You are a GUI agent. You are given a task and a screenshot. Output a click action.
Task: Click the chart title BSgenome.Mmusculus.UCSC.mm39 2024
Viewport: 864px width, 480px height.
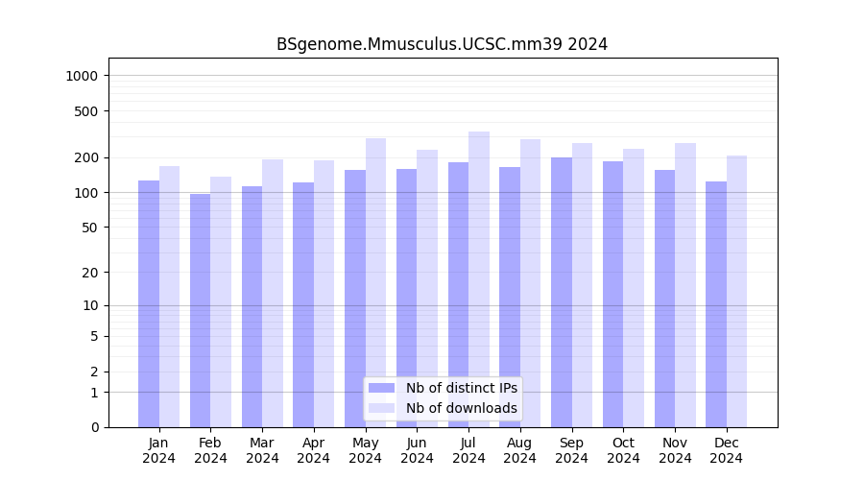pyautogui.click(x=442, y=44)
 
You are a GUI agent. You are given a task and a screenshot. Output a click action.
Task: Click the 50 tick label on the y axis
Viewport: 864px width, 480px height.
pyautogui.click(x=89, y=228)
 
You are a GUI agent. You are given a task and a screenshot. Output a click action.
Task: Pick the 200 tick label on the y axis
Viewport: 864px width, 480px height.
pyautogui.click(x=86, y=157)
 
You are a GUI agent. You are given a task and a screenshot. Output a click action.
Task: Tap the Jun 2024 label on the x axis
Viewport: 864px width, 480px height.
pyautogui.click(x=417, y=450)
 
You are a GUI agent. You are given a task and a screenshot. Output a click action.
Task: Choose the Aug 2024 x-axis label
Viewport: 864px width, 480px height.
pyautogui.click(x=520, y=450)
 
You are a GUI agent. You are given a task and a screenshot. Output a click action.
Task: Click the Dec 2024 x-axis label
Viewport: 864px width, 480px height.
pyautogui.click(x=726, y=450)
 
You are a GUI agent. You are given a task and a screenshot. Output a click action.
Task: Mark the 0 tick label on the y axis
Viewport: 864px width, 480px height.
pyautogui.click(x=94, y=427)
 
